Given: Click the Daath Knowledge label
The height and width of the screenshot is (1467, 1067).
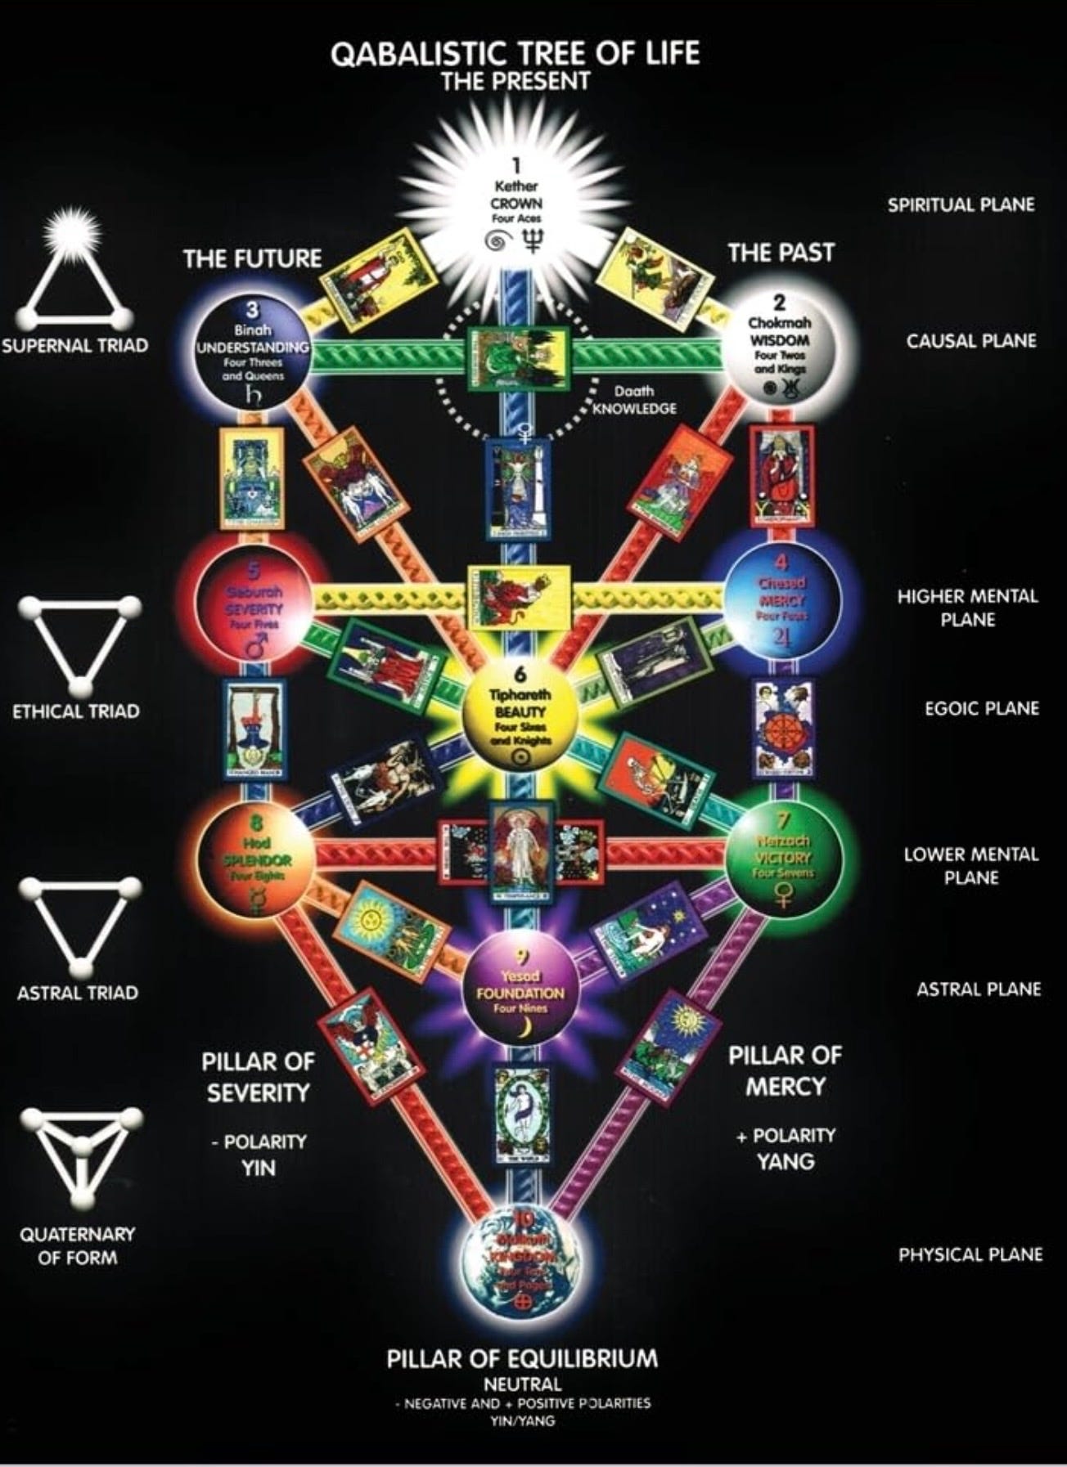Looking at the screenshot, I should (634, 401).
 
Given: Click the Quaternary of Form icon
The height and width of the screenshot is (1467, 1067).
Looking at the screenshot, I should (80, 1159).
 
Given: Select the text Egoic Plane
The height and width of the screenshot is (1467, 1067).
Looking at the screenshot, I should (981, 708).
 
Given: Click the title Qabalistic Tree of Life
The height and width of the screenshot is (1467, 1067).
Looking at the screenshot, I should (515, 55).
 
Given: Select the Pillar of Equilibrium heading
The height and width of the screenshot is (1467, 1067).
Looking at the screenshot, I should (522, 1359).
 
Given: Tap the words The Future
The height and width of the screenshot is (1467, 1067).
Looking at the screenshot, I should (253, 259).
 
